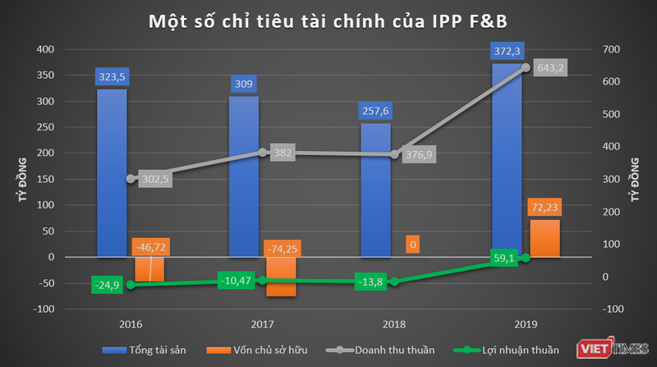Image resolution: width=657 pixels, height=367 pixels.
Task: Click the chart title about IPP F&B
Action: (328, 20)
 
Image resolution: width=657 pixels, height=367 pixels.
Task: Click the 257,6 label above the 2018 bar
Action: (374, 111)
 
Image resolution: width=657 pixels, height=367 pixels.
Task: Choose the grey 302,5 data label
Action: (154, 180)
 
